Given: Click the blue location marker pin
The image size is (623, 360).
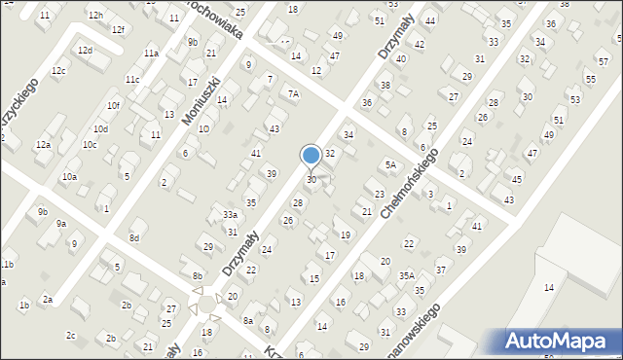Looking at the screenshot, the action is [x=311, y=156].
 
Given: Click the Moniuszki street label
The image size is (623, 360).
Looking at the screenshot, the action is [x=202, y=100].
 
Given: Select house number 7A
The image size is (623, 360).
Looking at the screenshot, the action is [x=292, y=94].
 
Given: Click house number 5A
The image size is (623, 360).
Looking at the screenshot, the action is [x=390, y=165].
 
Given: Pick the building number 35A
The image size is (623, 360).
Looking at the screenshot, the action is [x=406, y=276].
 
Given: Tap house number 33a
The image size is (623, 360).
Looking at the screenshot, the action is [x=230, y=215].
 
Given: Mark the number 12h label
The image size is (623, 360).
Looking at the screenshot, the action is [x=94, y=16].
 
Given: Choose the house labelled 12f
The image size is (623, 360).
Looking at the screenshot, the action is [x=118, y=30].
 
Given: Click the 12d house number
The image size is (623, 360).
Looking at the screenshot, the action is [x=86, y=51].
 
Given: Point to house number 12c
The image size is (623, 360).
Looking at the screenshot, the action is [x=58, y=71].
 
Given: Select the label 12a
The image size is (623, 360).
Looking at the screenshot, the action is [x=43, y=145].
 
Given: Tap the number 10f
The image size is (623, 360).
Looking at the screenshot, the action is [x=113, y=105].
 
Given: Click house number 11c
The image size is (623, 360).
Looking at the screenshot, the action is [x=131, y=80].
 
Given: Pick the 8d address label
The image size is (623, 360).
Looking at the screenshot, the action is [x=135, y=238].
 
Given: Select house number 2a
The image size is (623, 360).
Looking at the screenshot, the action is [x=47, y=300].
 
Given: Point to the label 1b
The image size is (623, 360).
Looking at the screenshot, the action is [x=24, y=306].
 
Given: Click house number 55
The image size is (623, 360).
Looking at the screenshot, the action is [x=590, y=77].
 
